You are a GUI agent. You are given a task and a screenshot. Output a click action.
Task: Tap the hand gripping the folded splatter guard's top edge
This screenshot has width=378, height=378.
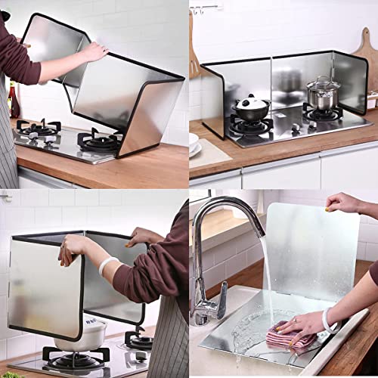pos(94,51)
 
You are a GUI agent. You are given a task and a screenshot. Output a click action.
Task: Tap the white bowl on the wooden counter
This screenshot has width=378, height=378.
pos(194,141)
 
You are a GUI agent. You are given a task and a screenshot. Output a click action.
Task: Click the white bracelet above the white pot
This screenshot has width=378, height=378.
pos(109,265)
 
